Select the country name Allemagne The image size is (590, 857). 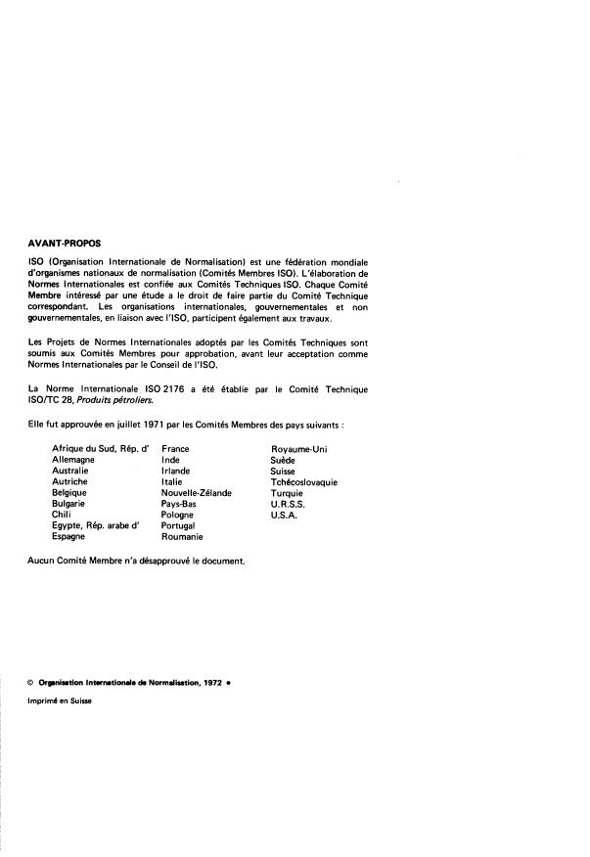73,459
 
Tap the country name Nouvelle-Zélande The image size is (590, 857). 197,493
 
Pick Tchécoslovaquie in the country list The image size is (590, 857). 304,482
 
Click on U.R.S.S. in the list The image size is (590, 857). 288,504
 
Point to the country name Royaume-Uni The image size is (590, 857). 299,448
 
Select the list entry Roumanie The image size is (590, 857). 182,537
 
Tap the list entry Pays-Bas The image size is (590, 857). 181,504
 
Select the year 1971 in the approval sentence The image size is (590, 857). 127,423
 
